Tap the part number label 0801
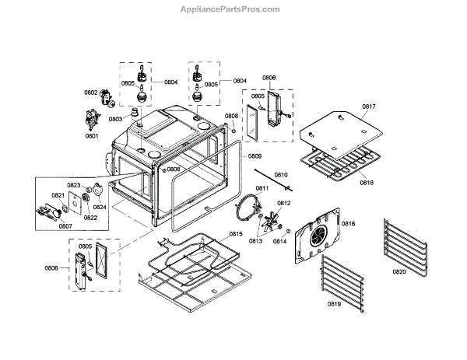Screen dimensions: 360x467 coord(92,136)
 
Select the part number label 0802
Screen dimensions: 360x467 coord(91,93)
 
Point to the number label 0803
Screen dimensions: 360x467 coord(116,119)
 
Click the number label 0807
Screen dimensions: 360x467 coord(65,226)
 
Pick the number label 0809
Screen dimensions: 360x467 coord(255,157)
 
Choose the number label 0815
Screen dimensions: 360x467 coord(235,234)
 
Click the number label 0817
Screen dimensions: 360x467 coord(368,107)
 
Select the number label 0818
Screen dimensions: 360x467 coord(367,183)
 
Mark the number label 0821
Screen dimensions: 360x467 coord(58,195)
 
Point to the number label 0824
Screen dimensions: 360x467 coord(100,208)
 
